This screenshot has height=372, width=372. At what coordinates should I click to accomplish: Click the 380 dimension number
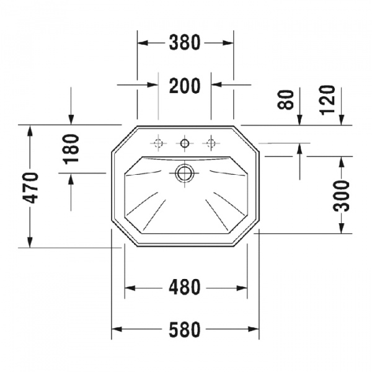pos(185,43)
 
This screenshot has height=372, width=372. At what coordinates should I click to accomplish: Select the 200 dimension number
pos(185,86)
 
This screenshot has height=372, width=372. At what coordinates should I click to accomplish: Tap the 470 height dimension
pos(30,188)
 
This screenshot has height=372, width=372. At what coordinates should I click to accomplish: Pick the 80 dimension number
pos(286,100)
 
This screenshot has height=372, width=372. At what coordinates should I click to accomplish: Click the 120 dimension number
pos(327,100)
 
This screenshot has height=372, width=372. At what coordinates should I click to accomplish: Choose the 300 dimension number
pos(342,196)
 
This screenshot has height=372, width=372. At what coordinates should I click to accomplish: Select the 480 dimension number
pos(185,287)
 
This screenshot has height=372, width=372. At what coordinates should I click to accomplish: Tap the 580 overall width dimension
pos(185,330)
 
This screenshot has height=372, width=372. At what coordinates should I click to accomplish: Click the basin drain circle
pos(185,173)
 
